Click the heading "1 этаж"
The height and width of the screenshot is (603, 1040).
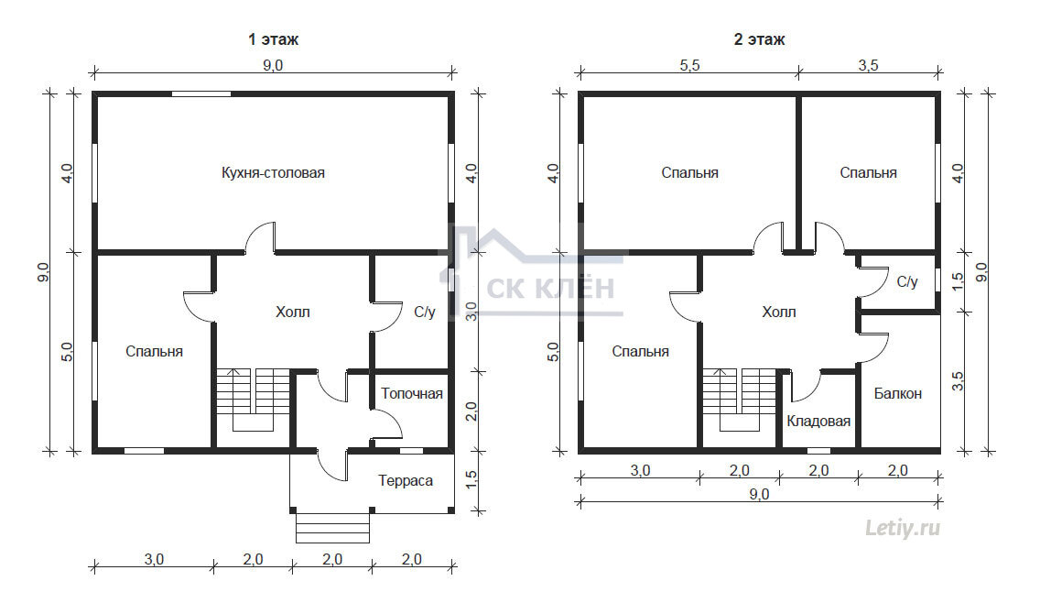click(273, 39)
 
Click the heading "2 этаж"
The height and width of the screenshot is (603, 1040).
click(759, 39)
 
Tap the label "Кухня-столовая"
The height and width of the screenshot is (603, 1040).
click(273, 172)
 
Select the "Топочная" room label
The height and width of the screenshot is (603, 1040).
click(412, 394)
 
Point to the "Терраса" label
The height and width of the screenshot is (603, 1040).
click(406, 480)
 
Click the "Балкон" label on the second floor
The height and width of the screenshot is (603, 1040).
click(897, 394)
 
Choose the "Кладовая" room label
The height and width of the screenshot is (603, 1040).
click(818, 421)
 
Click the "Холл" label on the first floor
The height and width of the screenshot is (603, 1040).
click(293, 312)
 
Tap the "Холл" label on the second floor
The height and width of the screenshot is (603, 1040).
click(779, 312)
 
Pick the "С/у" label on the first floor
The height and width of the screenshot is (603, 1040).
click(425, 312)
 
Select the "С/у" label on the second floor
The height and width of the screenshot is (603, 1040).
click(906, 281)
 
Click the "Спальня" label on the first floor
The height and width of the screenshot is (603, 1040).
click(155, 351)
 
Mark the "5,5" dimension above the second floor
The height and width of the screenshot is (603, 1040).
click(689, 65)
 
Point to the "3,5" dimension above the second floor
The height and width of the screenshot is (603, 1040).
click(868, 65)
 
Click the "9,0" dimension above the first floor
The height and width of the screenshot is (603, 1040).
click(273, 65)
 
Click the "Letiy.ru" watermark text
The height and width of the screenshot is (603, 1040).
click(903, 528)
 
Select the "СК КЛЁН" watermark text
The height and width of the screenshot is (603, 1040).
click(550, 289)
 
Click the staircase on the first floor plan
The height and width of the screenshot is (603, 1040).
click(253, 400)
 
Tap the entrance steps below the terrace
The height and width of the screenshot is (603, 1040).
click(332, 528)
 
